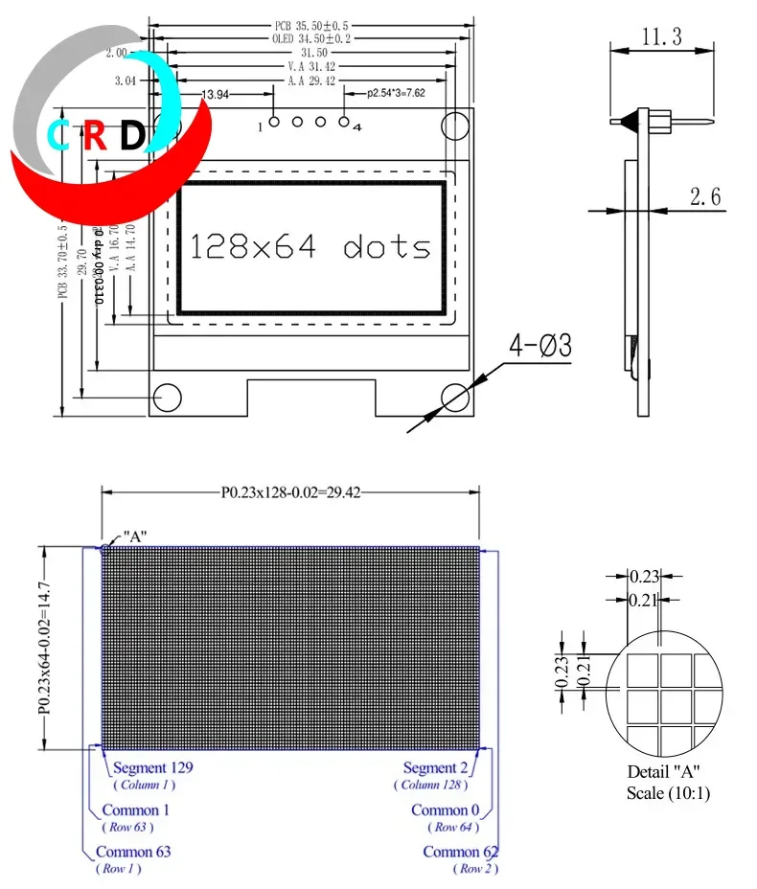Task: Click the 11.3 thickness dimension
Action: click(x=660, y=37)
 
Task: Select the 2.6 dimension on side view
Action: click(x=704, y=197)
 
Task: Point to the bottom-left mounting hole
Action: click(x=169, y=396)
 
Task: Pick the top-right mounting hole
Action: click(x=456, y=125)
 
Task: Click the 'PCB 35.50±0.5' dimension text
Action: click(x=310, y=25)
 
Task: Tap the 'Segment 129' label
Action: click(x=153, y=767)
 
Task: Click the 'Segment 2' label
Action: click(x=435, y=767)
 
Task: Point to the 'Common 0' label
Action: click(x=440, y=810)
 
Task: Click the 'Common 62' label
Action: click(x=459, y=852)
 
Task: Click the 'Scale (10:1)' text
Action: click(x=668, y=793)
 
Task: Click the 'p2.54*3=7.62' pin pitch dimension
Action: click(x=397, y=94)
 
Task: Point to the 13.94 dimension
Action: click(x=218, y=94)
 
